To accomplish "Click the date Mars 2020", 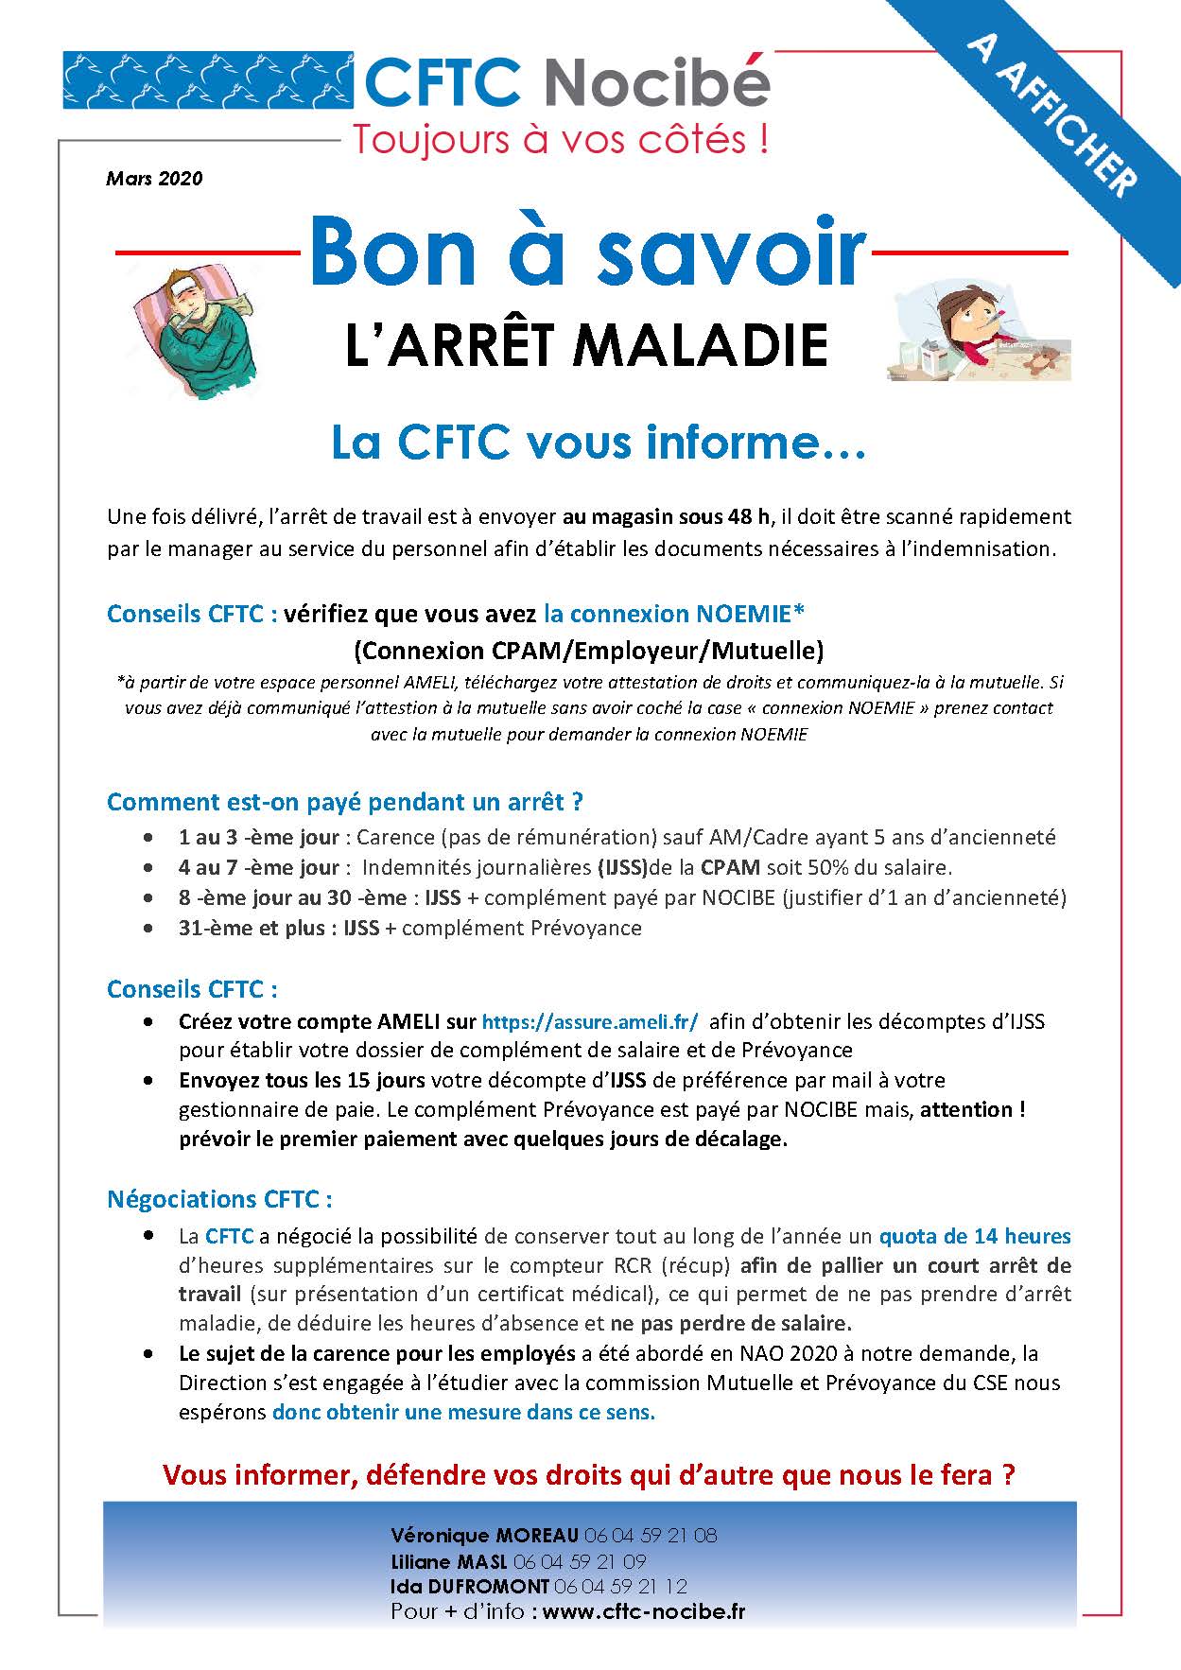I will tap(154, 178).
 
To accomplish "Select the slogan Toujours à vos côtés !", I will tap(560, 140).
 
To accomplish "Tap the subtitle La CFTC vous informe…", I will tap(598, 443).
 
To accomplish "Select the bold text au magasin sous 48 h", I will tap(667, 517).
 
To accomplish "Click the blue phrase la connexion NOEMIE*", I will tap(674, 614).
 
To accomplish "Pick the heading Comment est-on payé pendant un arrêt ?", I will tap(344, 802).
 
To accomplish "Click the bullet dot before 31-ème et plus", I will tap(148, 928).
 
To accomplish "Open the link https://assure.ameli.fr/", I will tap(590, 1021).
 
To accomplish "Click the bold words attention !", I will tap(972, 1109).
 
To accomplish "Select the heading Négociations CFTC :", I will tap(219, 1199).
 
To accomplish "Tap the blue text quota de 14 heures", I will tap(974, 1236).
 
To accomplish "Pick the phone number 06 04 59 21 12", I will tap(620, 1586).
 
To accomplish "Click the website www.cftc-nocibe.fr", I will tap(644, 1611).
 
